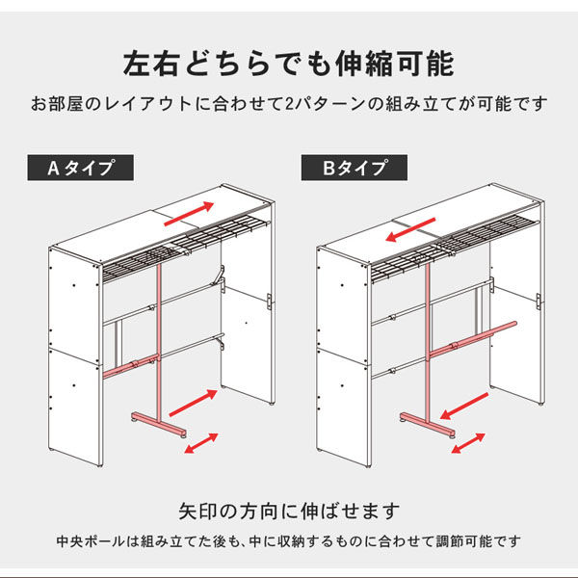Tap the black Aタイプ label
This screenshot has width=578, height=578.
pos(81,168)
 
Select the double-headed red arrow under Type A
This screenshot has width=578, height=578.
pos(199,443)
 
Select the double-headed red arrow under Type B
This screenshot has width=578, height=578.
pos(468,443)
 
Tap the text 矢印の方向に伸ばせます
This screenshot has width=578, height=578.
pos(288,510)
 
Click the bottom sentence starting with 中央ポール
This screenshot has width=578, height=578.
pos(288,539)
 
